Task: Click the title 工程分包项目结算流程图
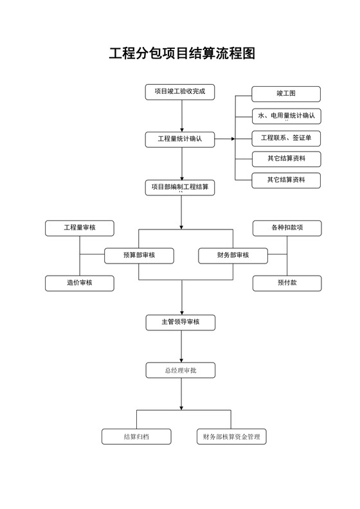(182, 53)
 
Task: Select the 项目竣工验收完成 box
(180, 92)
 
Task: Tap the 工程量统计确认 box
(180, 138)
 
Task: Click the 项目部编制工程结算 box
(180, 187)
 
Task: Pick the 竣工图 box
(286, 94)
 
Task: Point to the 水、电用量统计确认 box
(286, 116)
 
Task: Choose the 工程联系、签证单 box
(286, 138)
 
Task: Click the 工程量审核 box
(80, 228)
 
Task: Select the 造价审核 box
(80, 283)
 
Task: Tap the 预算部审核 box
(139, 255)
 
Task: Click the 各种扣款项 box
(287, 228)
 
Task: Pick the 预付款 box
(287, 283)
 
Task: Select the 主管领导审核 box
(180, 321)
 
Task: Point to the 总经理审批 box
(180, 370)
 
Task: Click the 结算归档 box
(136, 436)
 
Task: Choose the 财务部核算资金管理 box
(231, 436)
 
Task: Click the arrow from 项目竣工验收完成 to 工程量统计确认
(182, 116)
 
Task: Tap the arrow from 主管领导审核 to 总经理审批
(182, 346)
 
